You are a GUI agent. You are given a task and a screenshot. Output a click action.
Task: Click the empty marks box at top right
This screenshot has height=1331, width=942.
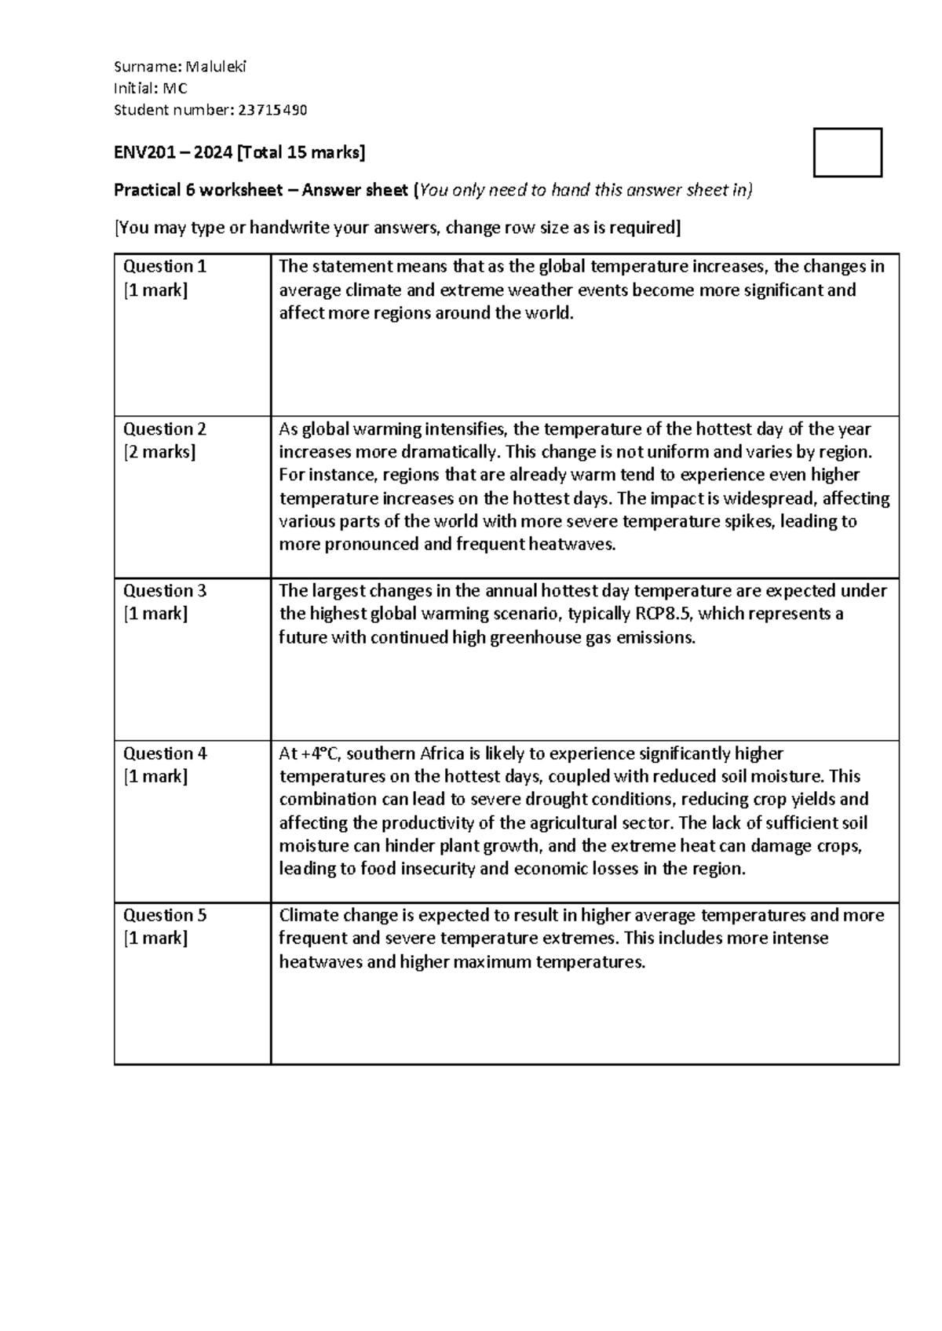847,152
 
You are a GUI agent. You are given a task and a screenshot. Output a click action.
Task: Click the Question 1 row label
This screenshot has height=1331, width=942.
164,267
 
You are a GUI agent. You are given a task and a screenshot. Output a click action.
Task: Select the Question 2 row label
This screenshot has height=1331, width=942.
164,429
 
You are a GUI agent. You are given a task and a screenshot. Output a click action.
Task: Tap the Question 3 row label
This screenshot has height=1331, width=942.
164,591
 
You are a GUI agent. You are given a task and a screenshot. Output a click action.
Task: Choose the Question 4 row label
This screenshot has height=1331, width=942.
164,753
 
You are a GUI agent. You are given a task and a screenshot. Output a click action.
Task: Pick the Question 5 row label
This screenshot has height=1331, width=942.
164,915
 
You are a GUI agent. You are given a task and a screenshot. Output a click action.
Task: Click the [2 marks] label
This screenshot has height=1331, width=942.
159,453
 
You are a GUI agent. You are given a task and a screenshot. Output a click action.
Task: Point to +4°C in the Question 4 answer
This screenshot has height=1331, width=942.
319,754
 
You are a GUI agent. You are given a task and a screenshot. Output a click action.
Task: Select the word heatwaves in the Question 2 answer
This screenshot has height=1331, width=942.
572,545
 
